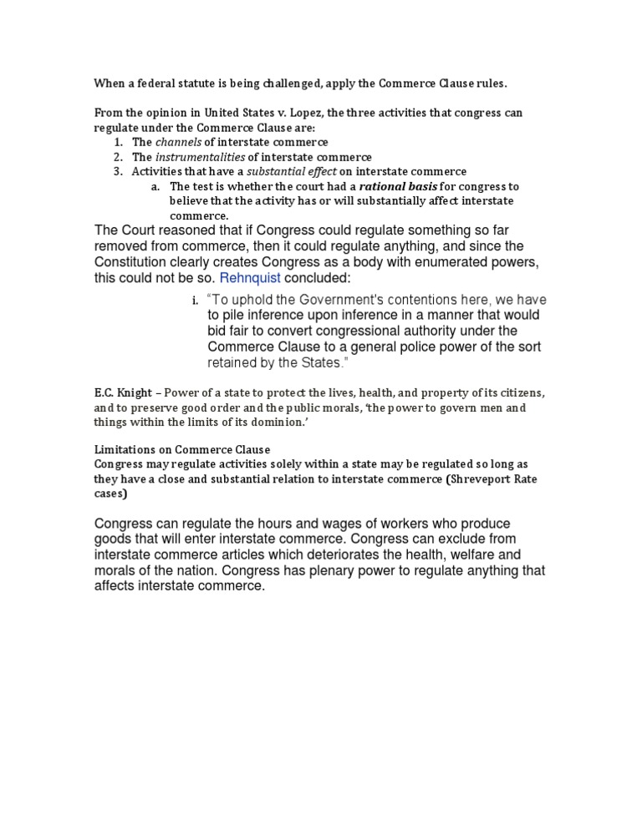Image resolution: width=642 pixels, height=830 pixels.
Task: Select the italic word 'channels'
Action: (x=178, y=142)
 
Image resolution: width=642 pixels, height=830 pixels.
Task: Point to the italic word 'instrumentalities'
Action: (x=201, y=157)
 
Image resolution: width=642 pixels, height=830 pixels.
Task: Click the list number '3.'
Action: (x=118, y=172)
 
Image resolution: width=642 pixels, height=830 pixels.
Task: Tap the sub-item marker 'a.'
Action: (x=155, y=186)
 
